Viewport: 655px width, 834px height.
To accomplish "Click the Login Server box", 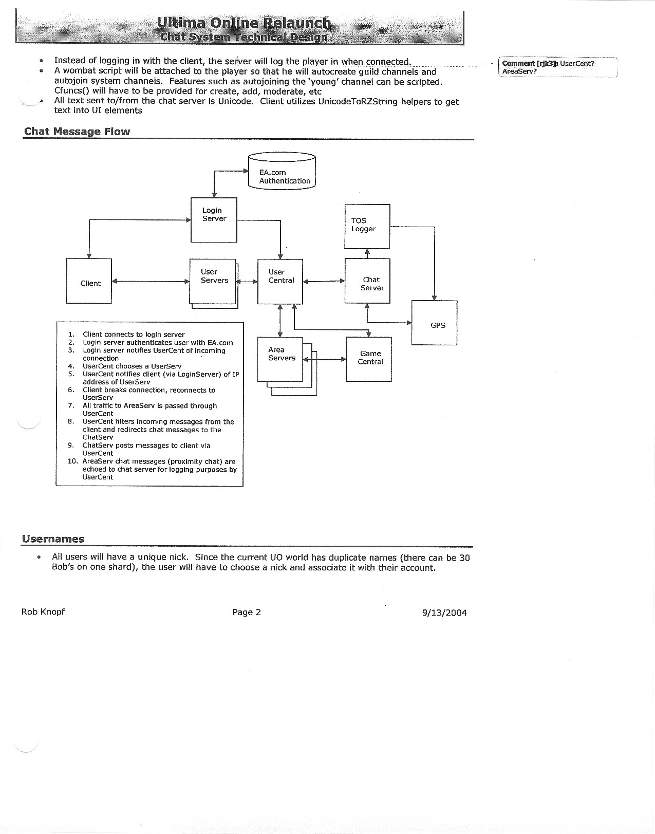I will tap(214, 219).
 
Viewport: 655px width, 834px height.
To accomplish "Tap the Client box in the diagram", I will tap(89, 281).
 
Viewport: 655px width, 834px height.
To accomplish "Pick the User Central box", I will tap(280, 281).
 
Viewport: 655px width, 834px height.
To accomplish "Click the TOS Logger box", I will tap(367, 226).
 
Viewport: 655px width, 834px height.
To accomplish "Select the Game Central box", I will tap(369, 359).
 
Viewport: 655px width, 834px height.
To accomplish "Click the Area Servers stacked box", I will tap(280, 359).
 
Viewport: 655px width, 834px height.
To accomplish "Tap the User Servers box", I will tap(213, 281).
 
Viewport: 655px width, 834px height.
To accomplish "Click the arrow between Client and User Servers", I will tap(151, 281).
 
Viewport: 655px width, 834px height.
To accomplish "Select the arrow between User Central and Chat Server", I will tap(324, 281).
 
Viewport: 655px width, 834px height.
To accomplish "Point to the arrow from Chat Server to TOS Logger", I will tap(367, 253).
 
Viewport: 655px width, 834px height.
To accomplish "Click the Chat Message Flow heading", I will tap(77, 132).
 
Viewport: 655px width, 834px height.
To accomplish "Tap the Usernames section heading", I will tap(53, 539).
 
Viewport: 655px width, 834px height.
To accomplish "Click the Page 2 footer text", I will tap(247, 612).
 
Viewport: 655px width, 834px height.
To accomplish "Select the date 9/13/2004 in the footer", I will tap(444, 613).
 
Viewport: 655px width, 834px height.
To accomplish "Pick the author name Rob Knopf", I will tap(43, 611).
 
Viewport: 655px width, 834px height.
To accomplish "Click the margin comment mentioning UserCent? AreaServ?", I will tap(557, 67).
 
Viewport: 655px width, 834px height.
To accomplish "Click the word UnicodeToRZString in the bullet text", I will tap(358, 102).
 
